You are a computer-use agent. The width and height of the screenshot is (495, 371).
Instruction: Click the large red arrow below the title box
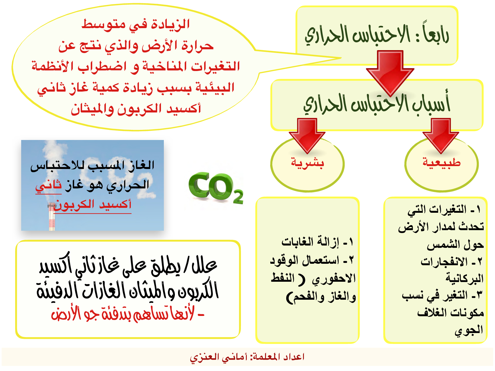[x=390, y=73]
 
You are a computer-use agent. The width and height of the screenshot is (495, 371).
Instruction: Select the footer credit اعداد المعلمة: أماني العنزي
[x=247, y=357]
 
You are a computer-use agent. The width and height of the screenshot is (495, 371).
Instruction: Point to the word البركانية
[x=465, y=278]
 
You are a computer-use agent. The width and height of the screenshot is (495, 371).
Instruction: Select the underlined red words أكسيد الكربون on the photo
[x=92, y=205]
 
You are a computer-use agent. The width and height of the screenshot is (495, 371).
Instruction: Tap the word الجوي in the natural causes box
[x=469, y=330]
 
